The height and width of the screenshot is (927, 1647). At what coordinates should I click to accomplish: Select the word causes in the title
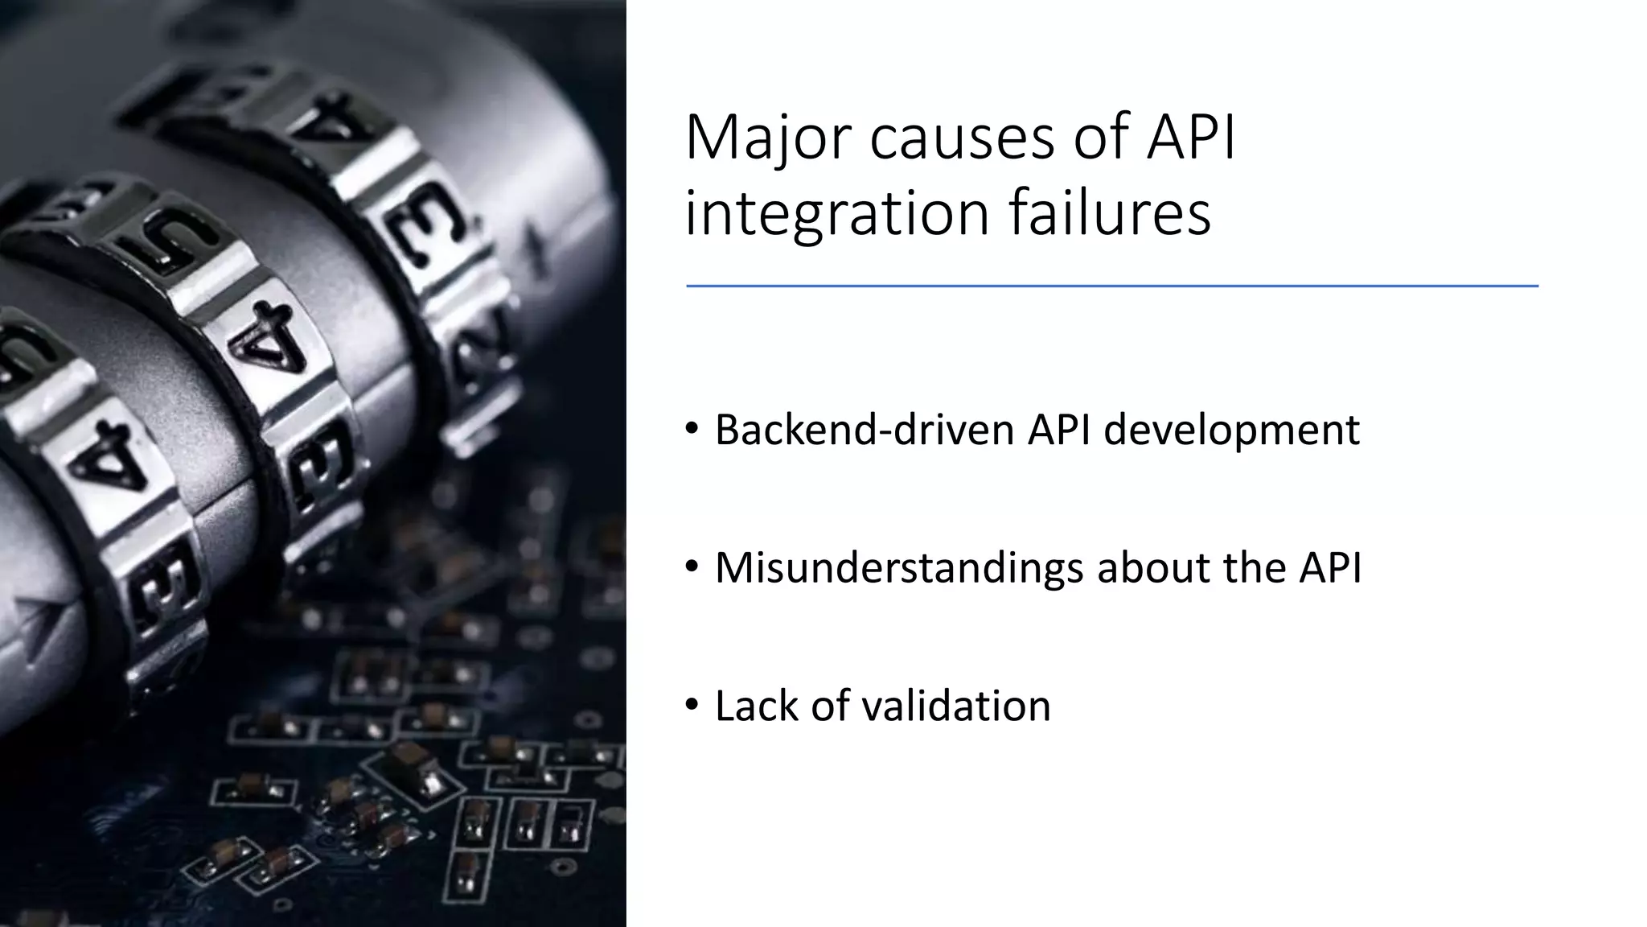pos(962,138)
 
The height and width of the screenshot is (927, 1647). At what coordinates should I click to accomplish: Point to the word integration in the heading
pos(837,214)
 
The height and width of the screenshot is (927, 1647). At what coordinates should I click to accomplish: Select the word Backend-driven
pos(865,430)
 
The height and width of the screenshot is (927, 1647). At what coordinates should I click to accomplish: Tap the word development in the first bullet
pos(1231,430)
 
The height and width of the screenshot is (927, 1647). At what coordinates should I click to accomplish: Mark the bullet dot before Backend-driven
pos(692,430)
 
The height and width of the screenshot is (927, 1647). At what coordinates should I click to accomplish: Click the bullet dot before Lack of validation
pos(692,706)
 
